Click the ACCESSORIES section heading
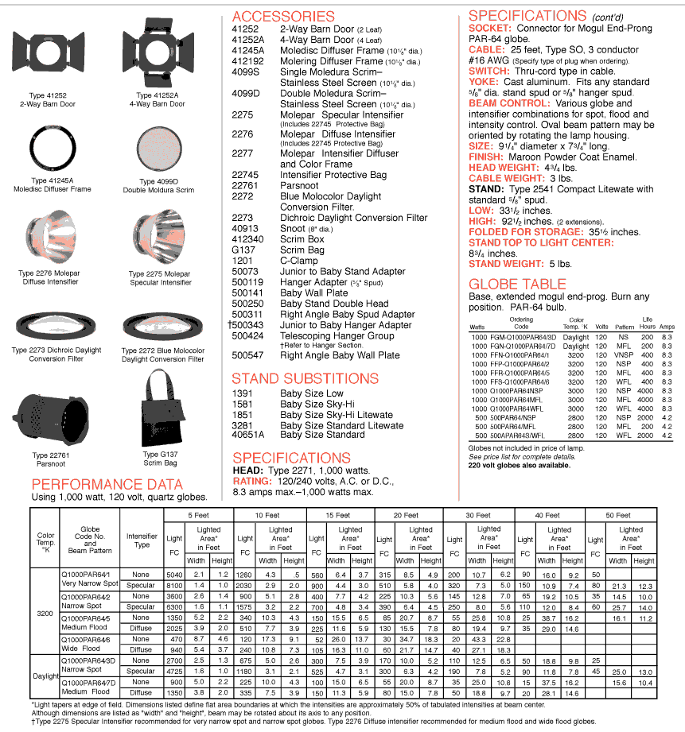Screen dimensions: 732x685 283,17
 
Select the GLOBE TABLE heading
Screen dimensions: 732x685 517,284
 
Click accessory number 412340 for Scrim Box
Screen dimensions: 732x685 247,239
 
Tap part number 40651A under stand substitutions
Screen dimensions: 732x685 248,435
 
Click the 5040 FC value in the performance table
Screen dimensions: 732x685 173,574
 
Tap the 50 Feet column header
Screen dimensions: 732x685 618,515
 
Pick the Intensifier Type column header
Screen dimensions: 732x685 142,540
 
